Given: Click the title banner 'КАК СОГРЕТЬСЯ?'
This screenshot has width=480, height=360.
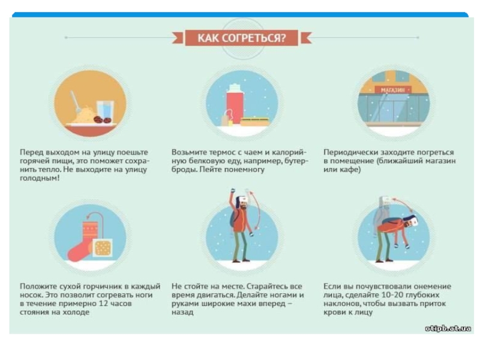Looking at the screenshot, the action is pos(241,38).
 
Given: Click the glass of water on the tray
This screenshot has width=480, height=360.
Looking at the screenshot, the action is pos(105,111).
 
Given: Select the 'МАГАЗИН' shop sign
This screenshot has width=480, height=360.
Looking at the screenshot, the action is pos(393,90).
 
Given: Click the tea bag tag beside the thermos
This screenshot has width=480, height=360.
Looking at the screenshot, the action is pos(225,121).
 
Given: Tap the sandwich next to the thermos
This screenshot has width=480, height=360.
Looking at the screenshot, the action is pos(254,122).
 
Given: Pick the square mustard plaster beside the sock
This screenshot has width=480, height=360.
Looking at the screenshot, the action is pos(103,248).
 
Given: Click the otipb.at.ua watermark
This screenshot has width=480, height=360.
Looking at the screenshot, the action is pos(448,328).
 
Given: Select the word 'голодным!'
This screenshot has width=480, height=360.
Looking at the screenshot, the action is pos(40,178).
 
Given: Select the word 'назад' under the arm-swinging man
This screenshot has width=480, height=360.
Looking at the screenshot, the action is pos(182,313).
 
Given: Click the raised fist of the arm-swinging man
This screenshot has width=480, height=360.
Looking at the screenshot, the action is pos(233,191).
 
